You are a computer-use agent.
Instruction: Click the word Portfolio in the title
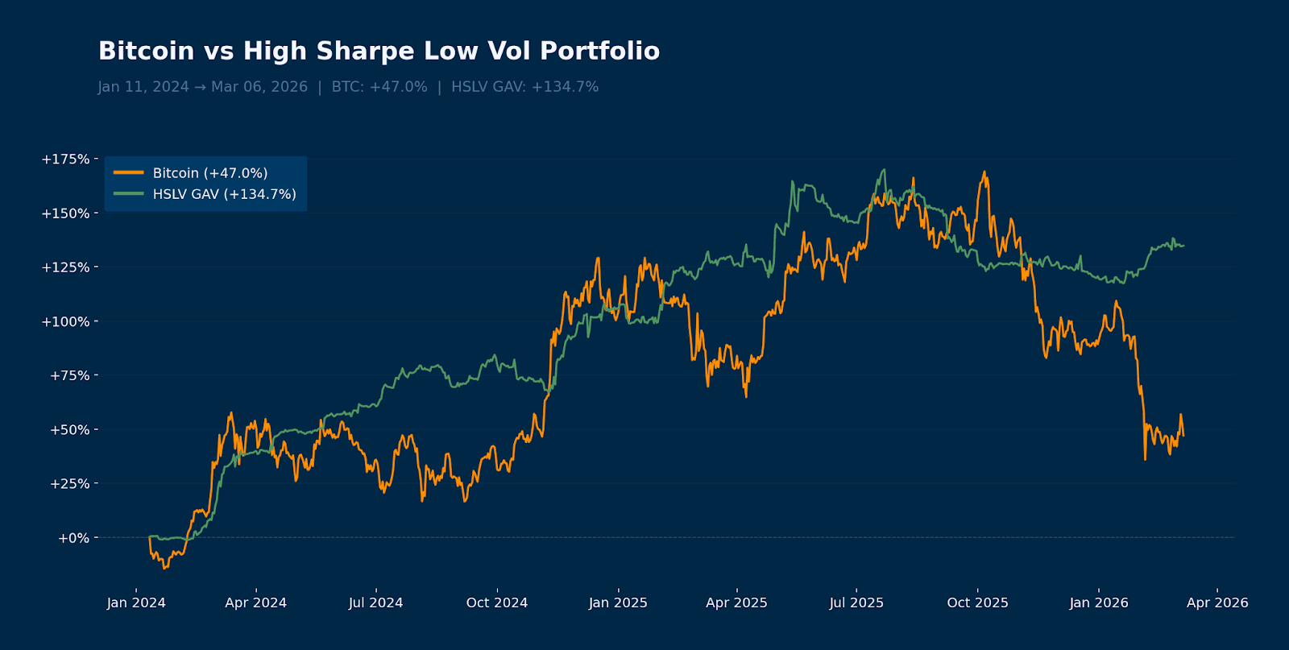pos(599,51)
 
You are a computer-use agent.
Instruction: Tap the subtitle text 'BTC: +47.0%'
pos(379,87)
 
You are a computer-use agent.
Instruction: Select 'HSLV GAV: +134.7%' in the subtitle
pos(524,87)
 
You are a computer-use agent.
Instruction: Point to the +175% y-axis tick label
pos(66,159)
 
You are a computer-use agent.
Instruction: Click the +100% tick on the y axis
pos(66,321)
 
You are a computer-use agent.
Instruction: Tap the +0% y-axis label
pos(73,538)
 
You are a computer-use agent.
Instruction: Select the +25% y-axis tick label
pos(69,484)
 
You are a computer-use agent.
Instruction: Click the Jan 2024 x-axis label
pos(136,602)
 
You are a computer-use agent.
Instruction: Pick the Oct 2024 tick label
pos(497,602)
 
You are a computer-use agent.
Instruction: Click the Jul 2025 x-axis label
pos(856,602)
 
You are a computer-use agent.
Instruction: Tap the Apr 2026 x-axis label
pos(1217,602)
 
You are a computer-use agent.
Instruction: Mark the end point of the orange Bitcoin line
pos(1183,436)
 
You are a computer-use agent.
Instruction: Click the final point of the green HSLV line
pos(1183,246)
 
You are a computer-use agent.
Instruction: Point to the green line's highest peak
pos(884,170)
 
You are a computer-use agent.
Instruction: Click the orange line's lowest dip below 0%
pos(164,569)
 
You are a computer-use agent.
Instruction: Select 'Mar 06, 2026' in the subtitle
pos(259,87)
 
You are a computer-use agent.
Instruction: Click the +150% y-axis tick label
pos(66,213)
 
